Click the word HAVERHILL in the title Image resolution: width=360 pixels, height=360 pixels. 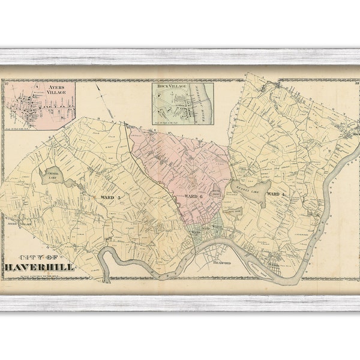40,266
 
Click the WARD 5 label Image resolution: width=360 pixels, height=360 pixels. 113,197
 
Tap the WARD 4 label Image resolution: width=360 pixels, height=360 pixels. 275,194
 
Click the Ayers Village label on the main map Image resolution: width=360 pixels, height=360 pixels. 16,223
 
